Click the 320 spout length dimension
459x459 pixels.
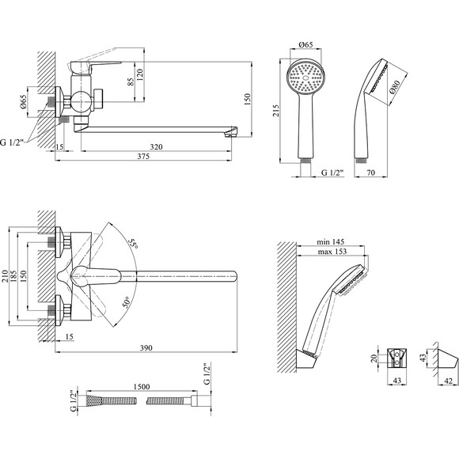point(156,146)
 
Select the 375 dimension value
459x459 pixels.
point(143,156)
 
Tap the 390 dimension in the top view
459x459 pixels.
point(146,347)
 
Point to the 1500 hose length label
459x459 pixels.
point(142,387)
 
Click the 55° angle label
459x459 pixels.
point(133,244)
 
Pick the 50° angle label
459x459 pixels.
point(126,302)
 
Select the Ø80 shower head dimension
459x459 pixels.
point(395,87)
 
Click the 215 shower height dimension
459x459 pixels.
point(276,111)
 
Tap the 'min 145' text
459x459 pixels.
point(331,242)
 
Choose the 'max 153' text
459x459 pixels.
point(332,251)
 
